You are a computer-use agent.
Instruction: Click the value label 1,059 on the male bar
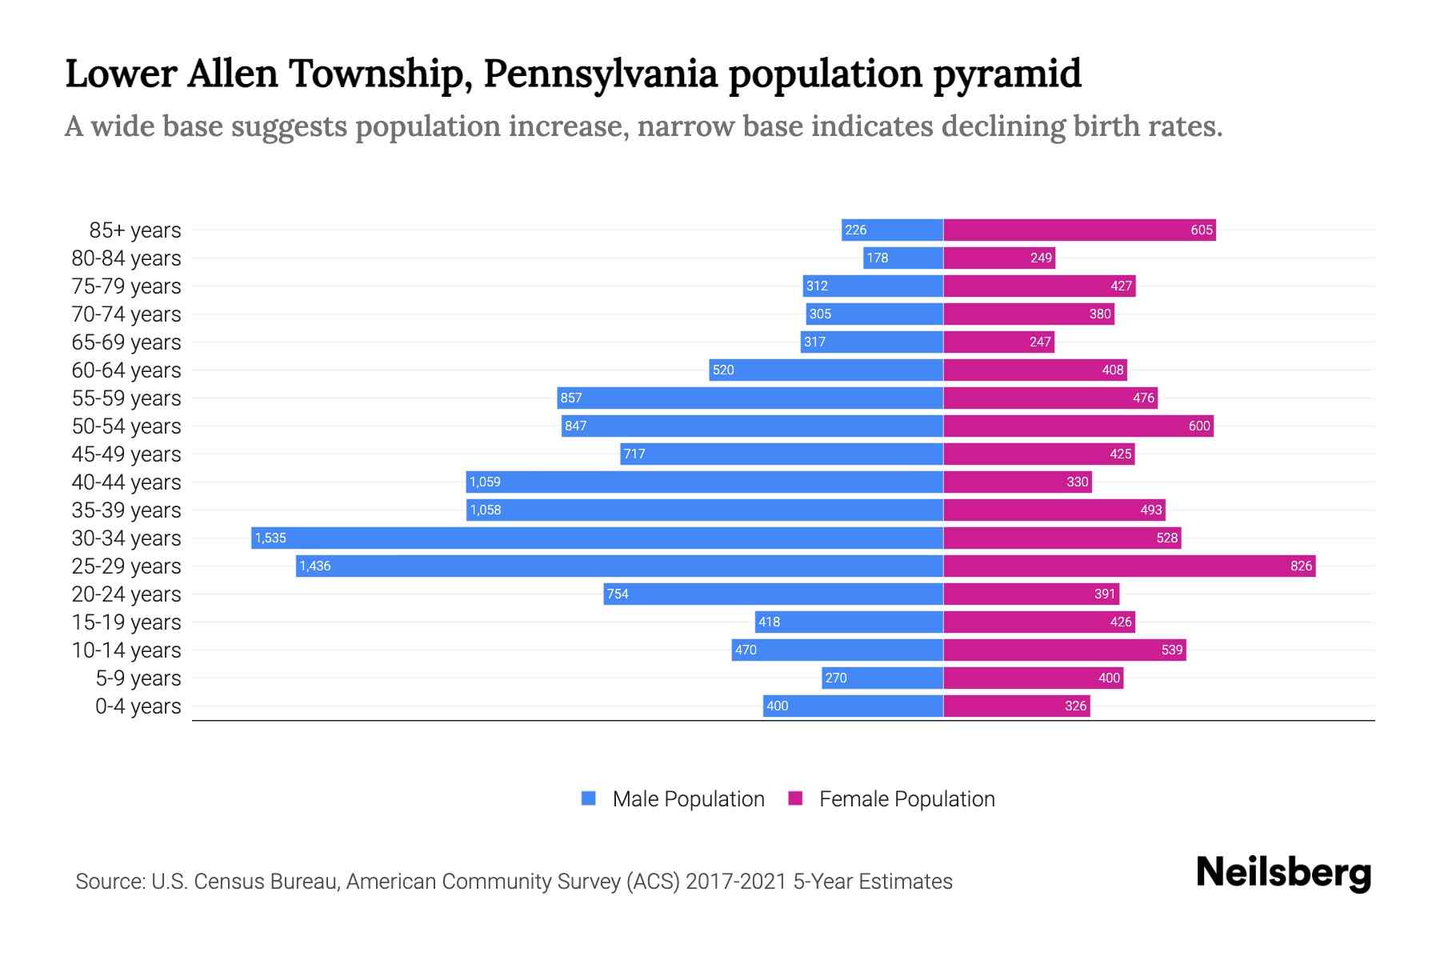coord(485,482)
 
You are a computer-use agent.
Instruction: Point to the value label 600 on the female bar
coord(1198,426)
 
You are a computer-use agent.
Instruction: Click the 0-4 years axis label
coord(138,706)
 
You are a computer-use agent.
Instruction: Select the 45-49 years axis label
coord(126,454)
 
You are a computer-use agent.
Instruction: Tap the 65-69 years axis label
coord(126,342)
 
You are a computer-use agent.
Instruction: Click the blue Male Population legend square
coord(589,798)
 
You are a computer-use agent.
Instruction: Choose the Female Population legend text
coord(906,798)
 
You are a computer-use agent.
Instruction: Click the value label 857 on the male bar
coord(571,398)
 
